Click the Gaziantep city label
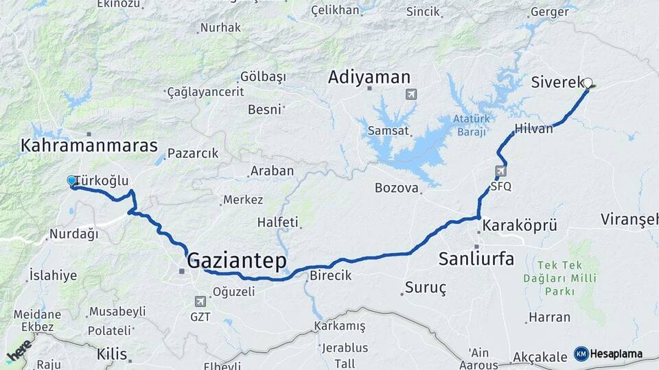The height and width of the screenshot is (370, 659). click(237, 260)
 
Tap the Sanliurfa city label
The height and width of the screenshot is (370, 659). click(476, 259)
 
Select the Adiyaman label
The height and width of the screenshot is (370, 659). click(369, 77)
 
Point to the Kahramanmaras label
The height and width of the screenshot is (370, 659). click(89, 146)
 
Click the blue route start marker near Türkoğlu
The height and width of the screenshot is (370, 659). click(71, 181)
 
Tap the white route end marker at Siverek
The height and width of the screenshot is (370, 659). click(588, 83)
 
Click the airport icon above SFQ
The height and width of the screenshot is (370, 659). click(500, 171)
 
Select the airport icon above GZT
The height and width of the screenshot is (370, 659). click(200, 301)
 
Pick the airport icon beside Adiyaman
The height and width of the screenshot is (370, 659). click(411, 94)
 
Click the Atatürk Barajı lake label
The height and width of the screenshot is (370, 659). click(470, 124)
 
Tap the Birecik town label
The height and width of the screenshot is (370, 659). click(330, 275)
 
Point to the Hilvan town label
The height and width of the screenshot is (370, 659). click(533, 128)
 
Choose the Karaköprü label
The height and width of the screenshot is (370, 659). click(518, 225)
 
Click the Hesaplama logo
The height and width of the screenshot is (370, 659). click(608, 354)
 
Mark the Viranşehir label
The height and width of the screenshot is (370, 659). click(629, 219)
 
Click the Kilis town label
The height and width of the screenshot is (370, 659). click(112, 354)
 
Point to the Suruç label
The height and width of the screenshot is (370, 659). click(425, 288)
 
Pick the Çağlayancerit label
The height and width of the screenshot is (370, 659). click(206, 91)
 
